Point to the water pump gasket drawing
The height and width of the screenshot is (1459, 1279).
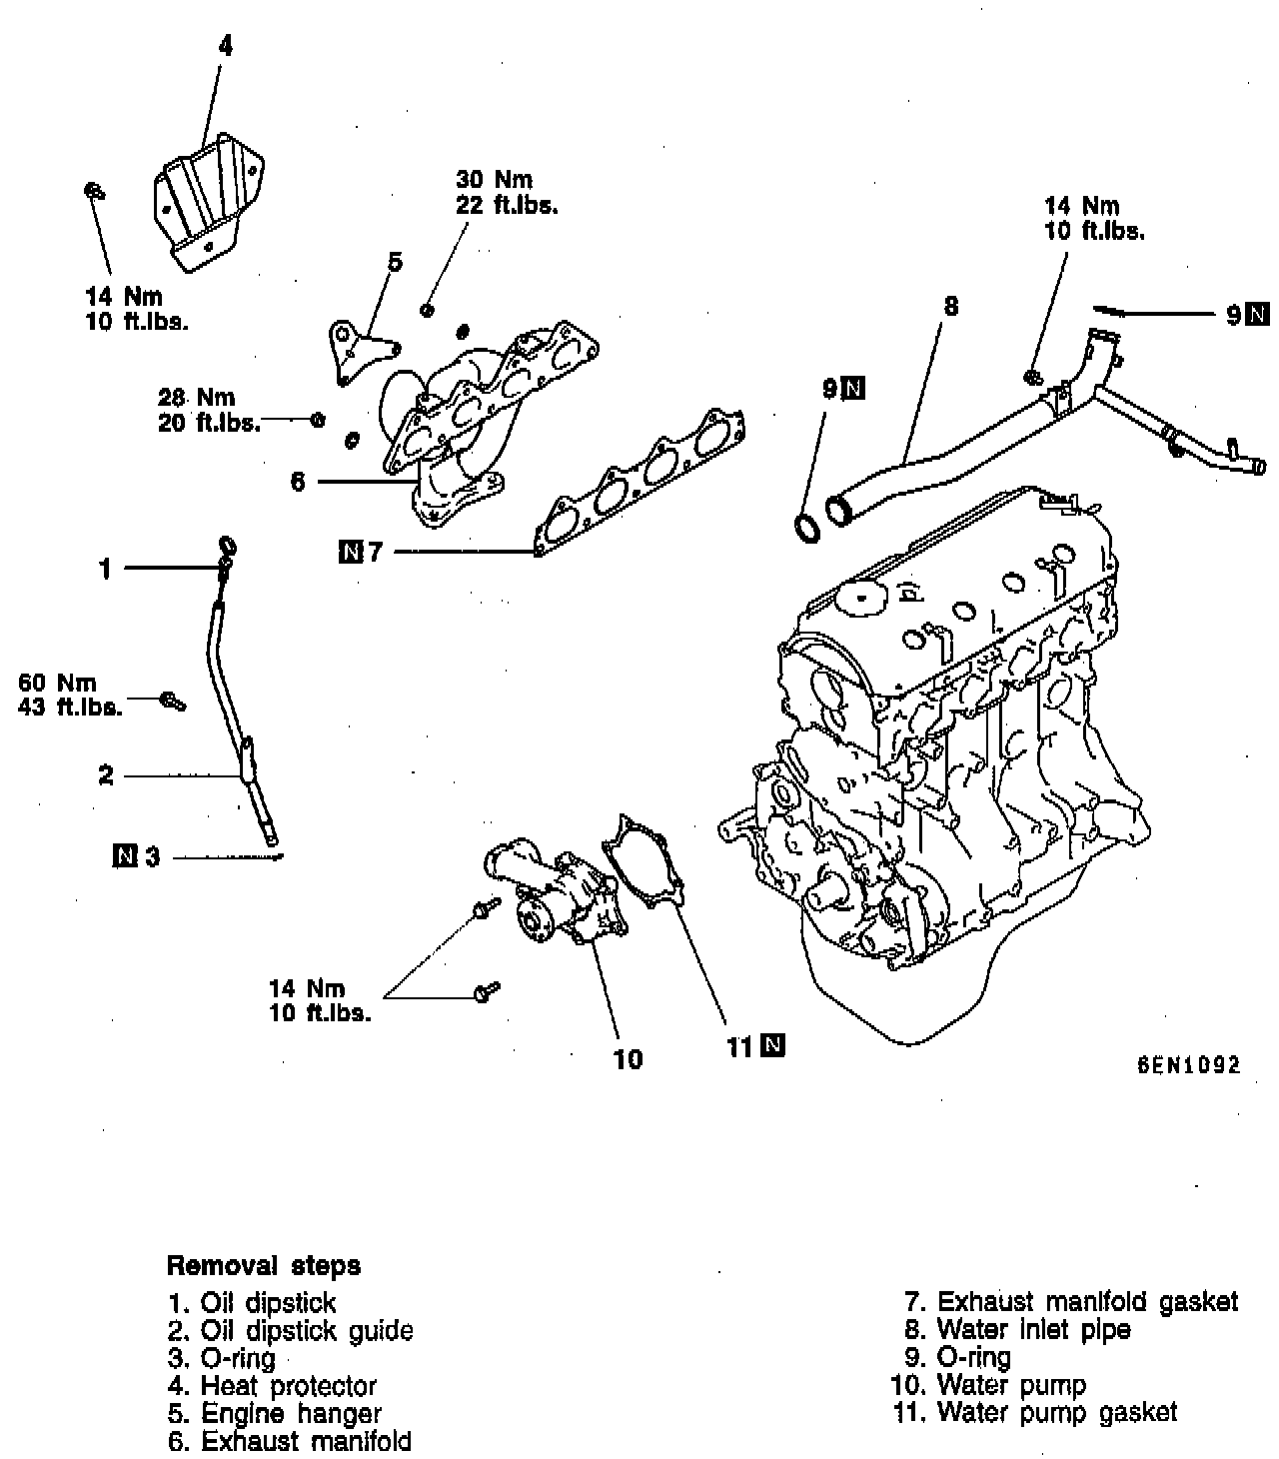[x=644, y=863]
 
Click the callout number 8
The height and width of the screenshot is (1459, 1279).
[x=950, y=307]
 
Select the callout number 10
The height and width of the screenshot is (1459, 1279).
[x=628, y=1058]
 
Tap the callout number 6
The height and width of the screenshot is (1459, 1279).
[x=297, y=482]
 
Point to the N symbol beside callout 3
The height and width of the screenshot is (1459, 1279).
[x=125, y=855]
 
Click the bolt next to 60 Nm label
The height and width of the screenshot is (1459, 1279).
[x=173, y=701]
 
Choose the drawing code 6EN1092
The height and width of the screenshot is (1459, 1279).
[x=1187, y=1065]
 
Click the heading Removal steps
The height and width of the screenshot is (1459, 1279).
[x=264, y=1266]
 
